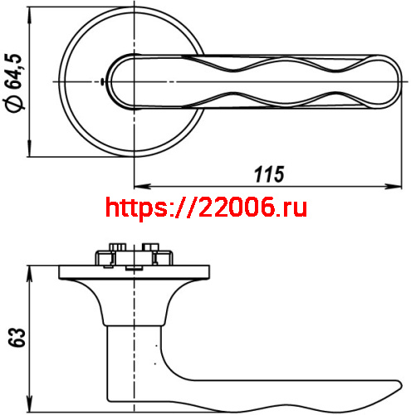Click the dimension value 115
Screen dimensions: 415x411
point(268,174)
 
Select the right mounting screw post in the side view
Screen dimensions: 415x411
point(151,252)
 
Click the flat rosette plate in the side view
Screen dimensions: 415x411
point(133,271)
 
